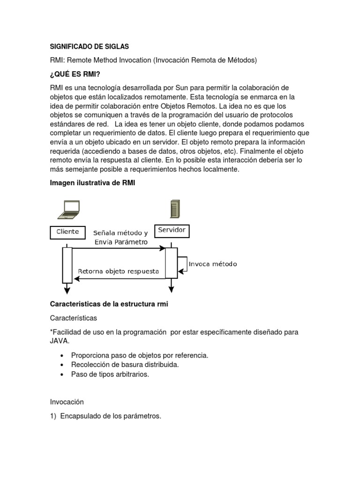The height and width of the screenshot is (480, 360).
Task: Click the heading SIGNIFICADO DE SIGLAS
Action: (89, 47)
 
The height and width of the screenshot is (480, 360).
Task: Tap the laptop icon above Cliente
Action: (68, 209)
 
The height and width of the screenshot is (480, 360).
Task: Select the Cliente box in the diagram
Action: (67, 232)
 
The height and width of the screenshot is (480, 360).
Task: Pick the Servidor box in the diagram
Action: (172, 231)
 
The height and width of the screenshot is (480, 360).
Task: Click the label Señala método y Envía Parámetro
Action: (120, 237)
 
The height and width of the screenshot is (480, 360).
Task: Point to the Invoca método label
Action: (212, 264)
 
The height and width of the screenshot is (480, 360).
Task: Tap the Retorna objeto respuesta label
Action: (118, 271)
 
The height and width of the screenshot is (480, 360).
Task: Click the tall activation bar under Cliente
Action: (67, 265)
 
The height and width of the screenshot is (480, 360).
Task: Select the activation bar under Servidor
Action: (171, 262)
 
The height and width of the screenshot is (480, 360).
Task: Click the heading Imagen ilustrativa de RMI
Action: (92, 183)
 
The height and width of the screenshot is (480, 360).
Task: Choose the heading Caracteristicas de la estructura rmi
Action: (109, 304)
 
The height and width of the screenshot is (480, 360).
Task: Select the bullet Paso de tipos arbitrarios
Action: (110, 374)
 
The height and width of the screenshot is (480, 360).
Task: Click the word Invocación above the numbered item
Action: (67, 402)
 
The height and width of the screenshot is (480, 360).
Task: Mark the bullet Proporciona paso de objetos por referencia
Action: (140, 355)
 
